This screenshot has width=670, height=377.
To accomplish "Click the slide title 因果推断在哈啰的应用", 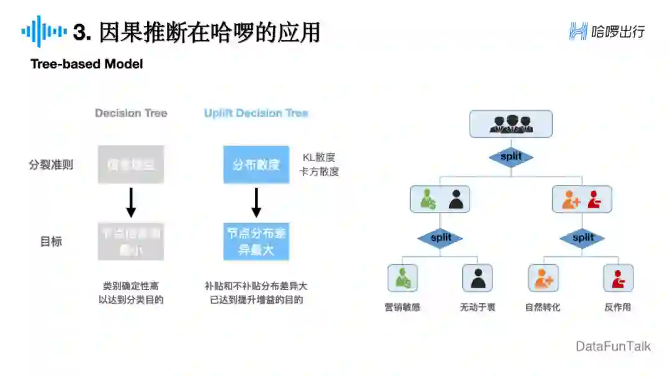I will pyautogui.click(x=209, y=32).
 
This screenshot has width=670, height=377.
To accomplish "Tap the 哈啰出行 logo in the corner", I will pyautogui.click(x=607, y=31).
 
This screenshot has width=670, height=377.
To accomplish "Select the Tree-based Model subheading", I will pyautogui.click(x=87, y=64).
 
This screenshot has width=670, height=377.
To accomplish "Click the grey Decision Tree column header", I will pyautogui.click(x=131, y=113).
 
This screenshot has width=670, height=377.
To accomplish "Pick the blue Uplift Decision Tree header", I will pyautogui.click(x=256, y=113).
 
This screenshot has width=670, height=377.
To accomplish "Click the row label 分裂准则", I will pyautogui.click(x=51, y=165).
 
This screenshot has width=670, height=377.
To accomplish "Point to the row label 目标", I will pyautogui.click(x=51, y=242).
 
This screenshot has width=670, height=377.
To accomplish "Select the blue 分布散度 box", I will pyautogui.click(x=256, y=165).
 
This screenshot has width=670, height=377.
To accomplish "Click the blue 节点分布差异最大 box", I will pyautogui.click(x=256, y=242).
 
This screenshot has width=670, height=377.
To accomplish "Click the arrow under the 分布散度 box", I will pyautogui.click(x=256, y=202).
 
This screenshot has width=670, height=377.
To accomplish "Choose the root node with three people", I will pyautogui.click(x=511, y=123).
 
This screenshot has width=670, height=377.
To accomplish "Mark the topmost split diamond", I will pyautogui.click(x=511, y=156).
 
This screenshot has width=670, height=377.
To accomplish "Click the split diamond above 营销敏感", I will pyautogui.click(x=440, y=237).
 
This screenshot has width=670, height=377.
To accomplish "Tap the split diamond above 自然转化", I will pyautogui.click(x=583, y=237).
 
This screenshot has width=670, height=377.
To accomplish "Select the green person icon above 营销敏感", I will pyautogui.click(x=403, y=278).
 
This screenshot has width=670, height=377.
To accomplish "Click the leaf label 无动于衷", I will pyautogui.click(x=477, y=307).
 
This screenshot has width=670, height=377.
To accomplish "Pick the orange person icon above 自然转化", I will pyautogui.click(x=543, y=278).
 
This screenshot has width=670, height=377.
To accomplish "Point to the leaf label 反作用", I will pyautogui.click(x=618, y=307).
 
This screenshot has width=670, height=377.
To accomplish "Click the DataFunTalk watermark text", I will pyautogui.click(x=613, y=346).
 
